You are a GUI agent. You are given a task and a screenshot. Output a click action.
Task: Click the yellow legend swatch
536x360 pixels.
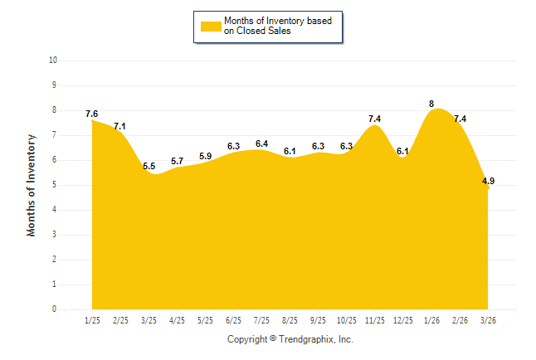[211, 26]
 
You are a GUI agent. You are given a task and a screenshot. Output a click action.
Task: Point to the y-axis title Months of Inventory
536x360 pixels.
[32, 185]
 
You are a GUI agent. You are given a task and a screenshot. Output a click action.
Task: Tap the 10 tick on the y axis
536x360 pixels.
[53, 61]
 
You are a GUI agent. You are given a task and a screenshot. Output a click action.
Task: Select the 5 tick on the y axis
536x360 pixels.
[54, 185]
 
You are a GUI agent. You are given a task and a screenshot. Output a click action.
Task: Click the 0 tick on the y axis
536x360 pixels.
[54, 309]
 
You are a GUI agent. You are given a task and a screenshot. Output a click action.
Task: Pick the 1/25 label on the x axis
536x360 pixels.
[92, 319]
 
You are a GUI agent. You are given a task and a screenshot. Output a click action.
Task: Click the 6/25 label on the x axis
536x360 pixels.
[233, 319]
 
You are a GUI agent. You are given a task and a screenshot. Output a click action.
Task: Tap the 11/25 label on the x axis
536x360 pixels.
[374, 319]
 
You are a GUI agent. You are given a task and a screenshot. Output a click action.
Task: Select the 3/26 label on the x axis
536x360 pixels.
[488, 319]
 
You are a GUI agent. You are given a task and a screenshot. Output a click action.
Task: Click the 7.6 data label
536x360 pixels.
[91, 114]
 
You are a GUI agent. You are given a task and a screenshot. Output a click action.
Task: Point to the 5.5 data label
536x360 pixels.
[149, 166]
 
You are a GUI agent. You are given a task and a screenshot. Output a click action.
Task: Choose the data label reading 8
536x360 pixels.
[431, 104]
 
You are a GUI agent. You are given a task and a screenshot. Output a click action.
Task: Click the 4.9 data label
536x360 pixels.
[489, 181]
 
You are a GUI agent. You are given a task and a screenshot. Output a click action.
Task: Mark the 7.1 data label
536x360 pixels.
[119, 126]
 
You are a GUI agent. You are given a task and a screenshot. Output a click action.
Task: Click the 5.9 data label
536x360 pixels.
[205, 156]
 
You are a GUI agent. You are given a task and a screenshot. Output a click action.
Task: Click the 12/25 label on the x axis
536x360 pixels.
[402, 319]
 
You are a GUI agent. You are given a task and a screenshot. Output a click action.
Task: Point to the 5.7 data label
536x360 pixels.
[177, 161]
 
